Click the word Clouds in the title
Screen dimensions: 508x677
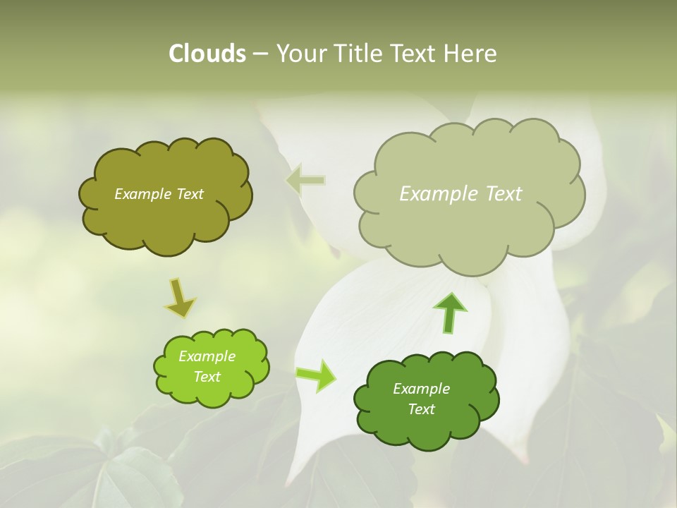click(207, 54)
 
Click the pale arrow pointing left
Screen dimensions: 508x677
click(305, 180)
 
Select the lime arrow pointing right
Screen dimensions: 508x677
click(317, 375)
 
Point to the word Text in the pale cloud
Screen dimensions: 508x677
click(501, 194)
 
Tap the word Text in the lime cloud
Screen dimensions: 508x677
click(207, 377)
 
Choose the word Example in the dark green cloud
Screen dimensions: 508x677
click(421, 389)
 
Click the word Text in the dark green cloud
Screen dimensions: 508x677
click(421, 409)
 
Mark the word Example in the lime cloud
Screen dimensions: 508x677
click(207, 356)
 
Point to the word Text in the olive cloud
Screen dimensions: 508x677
click(189, 194)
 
